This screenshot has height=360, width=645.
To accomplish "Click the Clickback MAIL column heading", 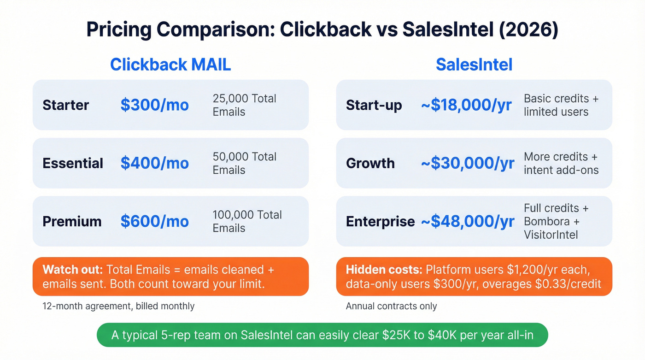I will click(170, 65).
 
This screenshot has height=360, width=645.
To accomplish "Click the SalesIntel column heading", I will click(474, 65).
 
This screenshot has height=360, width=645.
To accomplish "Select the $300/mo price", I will click(155, 105).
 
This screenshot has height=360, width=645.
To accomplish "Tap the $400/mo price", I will click(155, 163).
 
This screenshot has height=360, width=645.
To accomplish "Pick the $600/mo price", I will click(155, 221).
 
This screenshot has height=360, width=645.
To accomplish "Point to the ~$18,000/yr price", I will click(466, 105).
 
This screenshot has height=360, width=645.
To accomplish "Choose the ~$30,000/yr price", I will click(468, 163).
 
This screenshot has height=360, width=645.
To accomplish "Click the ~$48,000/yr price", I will click(468, 221).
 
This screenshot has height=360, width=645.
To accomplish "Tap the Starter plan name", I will click(65, 105).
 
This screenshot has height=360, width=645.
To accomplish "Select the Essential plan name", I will click(73, 163).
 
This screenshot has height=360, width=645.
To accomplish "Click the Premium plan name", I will click(72, 221).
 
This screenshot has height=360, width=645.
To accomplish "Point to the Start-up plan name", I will click(374, 105).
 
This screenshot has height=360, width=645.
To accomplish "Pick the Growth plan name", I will click(370, 163).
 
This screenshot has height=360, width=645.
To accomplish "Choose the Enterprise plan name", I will click(380, 221).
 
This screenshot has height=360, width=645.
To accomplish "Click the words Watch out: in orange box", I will click(73, 270).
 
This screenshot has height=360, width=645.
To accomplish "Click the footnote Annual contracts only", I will click(391, 306).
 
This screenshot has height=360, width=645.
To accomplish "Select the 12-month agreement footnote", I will click(118, 306).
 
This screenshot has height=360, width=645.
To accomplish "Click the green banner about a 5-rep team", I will click(322, 335).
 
